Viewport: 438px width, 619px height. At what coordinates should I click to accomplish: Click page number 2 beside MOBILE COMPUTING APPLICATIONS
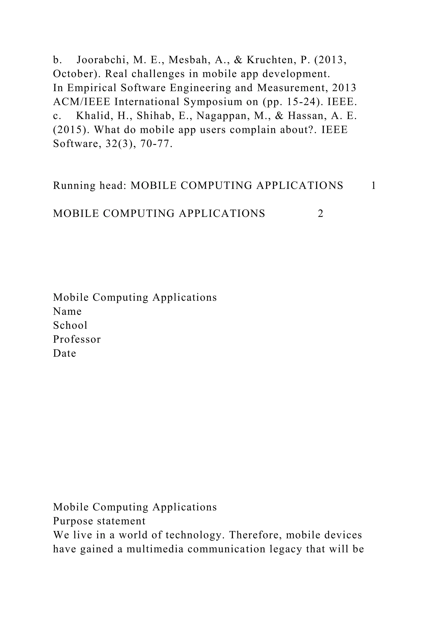tap(320, 214)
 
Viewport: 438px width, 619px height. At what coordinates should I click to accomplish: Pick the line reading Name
tap(67, 311)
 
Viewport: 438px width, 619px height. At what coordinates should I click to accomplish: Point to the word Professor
tap(77, 339)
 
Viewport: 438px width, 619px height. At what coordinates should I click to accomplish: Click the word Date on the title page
tap(64, 353)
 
